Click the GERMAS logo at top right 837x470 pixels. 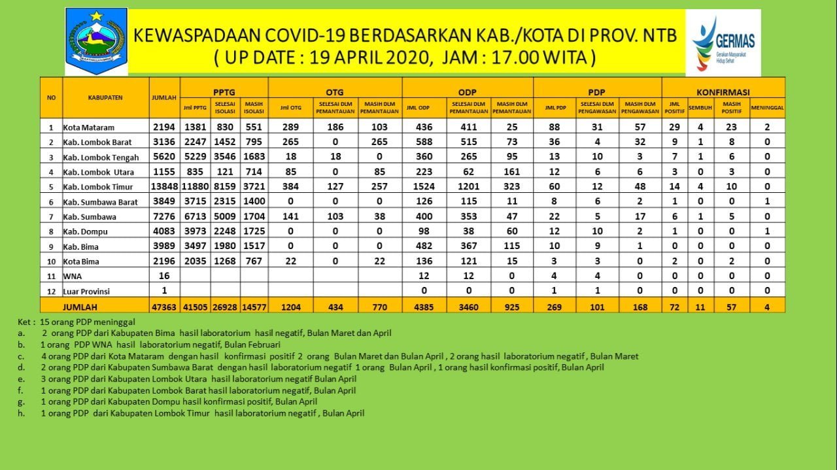[x=723, y=42]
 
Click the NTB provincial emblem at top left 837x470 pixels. [x=96, y=41]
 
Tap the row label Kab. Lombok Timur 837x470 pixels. [x=97, y=187]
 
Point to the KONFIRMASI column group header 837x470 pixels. [x=723, y=92]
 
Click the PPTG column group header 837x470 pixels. [x=224, y=92]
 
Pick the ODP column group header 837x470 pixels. [x=468, y=92]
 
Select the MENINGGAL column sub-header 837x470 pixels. [x=768, y=107]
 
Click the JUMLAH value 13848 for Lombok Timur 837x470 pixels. [x=165, y=187]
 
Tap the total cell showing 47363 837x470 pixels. [x=165, y=305]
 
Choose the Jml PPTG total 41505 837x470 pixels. [x=196, y=305]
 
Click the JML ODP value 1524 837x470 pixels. [x=424, y=187]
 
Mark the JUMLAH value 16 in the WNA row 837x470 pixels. [x=165, y=276]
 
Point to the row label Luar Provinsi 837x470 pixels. [x=87, y=291]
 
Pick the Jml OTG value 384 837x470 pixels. [x=290, y=187]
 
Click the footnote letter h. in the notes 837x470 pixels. [x=22, y=413]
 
